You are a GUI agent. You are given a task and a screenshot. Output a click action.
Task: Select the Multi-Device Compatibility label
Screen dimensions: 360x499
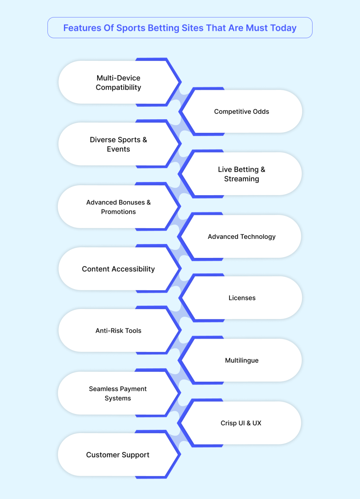pos(118,83)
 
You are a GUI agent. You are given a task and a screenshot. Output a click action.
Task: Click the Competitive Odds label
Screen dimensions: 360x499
pos(242,111)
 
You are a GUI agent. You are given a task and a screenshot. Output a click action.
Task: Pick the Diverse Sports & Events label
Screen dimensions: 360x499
pos(118,144)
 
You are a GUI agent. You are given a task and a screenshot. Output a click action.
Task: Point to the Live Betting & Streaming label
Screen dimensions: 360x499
pos(242,174)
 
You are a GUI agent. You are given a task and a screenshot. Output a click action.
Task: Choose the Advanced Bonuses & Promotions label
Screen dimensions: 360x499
pos(118,207)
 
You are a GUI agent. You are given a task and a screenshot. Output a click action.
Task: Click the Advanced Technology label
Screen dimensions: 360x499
pos(242,237)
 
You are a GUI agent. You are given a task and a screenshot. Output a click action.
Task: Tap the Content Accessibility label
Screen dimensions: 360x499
pos(118,269)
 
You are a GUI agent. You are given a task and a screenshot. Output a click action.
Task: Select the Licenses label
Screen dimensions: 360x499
pos(242,298)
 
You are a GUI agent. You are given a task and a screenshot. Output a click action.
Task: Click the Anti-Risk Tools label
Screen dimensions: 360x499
pos(118,331)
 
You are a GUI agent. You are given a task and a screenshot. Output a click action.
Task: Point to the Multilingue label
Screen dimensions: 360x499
pos(242,360)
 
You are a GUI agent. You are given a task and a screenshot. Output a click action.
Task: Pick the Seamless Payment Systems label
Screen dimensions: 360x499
pos(118,393)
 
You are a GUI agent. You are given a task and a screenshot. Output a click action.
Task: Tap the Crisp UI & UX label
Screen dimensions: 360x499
pos(241,423)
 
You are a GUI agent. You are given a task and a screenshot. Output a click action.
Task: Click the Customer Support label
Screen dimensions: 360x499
pos(118,455)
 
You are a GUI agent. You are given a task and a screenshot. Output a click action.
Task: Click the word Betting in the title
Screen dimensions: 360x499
pos(163,28)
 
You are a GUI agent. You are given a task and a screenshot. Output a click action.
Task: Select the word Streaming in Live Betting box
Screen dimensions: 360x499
pos(242,179)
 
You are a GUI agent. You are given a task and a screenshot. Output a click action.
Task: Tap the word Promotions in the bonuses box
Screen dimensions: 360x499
pos(118,211)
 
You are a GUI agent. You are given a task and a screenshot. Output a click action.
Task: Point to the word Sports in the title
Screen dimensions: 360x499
pos(131,28)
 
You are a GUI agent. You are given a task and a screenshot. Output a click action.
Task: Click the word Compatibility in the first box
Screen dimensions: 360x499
pos(118,87)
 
